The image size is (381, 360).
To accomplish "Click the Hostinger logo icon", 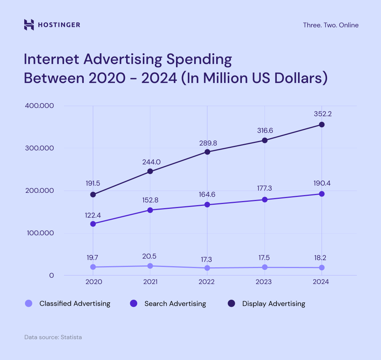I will [29, 25].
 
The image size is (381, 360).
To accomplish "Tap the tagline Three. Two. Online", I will [331, 25].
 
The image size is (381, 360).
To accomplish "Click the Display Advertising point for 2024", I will [321, 125].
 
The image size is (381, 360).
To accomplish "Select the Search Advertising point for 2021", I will [150, 210].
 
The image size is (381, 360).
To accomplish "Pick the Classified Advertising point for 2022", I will [207, 268].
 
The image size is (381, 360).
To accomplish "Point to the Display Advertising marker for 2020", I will [93, 195].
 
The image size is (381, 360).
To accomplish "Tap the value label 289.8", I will [207, 143].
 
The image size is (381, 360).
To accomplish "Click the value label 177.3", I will [265, 189].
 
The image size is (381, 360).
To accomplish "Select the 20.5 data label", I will [150, 257].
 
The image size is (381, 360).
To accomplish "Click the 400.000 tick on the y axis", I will [39, 106].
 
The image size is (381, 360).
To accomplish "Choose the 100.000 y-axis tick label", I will [39, 233].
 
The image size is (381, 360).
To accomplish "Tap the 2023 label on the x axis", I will [264, 282].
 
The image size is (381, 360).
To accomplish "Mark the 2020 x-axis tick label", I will [93, 282].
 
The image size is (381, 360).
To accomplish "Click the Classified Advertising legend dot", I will [28, 303].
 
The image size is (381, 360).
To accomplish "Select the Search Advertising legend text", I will [175, 303].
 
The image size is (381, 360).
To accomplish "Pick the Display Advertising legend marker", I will [231, 303].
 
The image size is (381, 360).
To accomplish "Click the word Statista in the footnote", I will [71, 337].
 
